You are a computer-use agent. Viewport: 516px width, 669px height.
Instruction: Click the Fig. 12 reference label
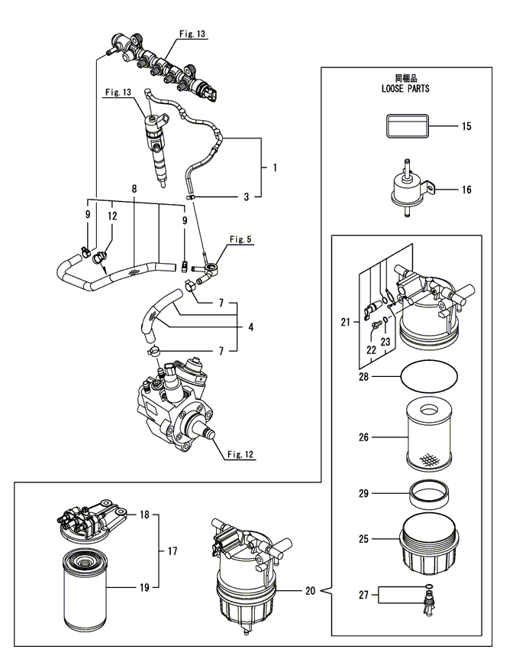(240, 454)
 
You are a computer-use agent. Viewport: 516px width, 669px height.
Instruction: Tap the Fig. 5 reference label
(240, 239)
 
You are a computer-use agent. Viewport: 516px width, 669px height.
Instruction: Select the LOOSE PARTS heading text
(405, 89)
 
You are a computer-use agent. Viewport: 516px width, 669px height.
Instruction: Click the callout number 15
(466, 126)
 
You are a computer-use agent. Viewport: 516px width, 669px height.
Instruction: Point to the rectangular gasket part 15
(407, 126)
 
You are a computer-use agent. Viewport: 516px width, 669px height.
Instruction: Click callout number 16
(466, 190)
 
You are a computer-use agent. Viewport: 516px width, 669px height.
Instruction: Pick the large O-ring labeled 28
(429, 375)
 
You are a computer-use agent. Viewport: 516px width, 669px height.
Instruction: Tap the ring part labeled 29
(430, 493)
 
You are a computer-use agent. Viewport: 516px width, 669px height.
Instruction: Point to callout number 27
(363, 595)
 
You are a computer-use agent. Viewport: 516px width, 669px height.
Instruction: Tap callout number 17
(173, 551)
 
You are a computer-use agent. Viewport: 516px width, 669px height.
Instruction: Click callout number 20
(310, 591)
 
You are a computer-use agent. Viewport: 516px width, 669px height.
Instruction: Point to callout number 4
(251, 326)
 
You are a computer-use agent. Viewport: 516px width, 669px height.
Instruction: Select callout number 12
(112, 216)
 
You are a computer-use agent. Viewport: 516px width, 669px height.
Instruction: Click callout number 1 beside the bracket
(275, 167)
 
